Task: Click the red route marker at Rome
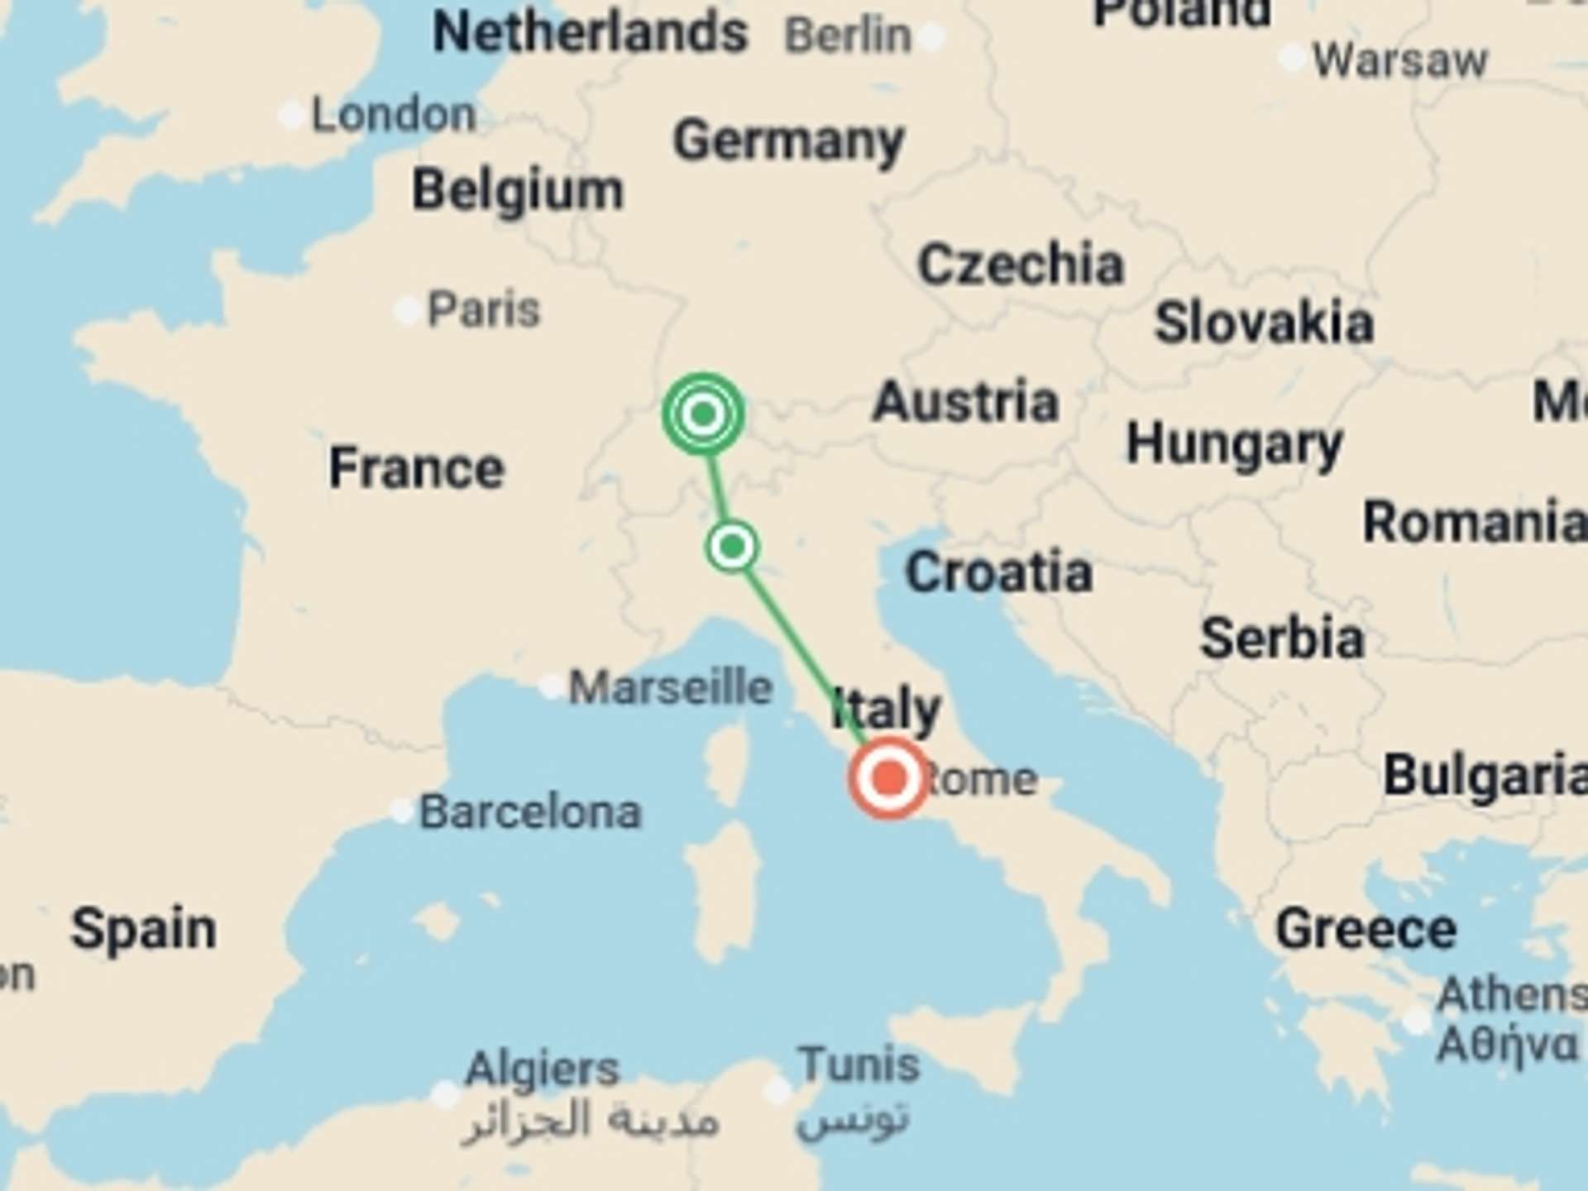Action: pyautogui.click(x=889, y=778)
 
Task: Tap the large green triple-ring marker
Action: pyautogui.click(x=703, y=413)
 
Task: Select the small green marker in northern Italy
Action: pyautogui.click(x=732, y=547)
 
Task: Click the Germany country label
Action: pyautogui.click(x=788, y=141)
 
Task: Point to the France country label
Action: pyautogui.click(x=416, y=468)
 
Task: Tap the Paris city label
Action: pyautogui.click(x=483, y=310)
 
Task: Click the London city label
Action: pyautogui.click(x=394, y=115)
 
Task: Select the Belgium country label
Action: pyautogui.click(x=518, y=190)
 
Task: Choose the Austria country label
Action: pyautogui.click(x=965, y=402)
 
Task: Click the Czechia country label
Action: pyautogui.click(x=1021, y=265)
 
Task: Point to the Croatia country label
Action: pyautogui.click(x=998, y=572)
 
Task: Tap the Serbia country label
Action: pyautogui.click(x=1282, y=639)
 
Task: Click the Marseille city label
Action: pyautogui.click(x=670, y=687)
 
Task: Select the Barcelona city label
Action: pyautogui.click(x=530, y=812)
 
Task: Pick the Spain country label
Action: pyautogui.click(x=144, y=929)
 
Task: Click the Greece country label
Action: pyautogui.click(x=1366, y=930)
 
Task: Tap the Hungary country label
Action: pyautogui.click(x=1234, y=445)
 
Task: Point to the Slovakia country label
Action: pyautogui.click(x=1264, y=323)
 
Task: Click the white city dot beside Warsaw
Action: pyautogui.click(x=1291, y=59)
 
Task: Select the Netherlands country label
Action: pyautogui.click(x=591, y=33)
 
